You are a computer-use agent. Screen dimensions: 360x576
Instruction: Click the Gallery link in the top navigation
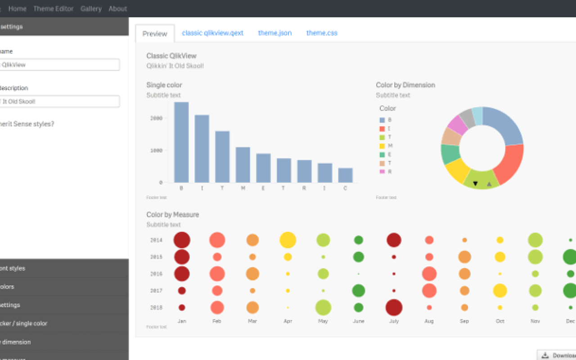pos(91,9)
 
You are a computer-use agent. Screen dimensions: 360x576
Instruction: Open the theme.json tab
pos(274,33)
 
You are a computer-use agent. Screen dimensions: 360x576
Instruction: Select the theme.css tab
pos(322,33)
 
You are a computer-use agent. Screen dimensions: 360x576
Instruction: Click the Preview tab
pos(155,34)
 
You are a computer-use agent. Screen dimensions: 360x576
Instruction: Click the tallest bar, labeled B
pos(181,142)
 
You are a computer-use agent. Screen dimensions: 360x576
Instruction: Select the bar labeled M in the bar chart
pos(243,165)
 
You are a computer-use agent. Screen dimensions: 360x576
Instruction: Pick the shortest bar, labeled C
pos(345,175)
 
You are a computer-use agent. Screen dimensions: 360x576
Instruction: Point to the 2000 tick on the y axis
pos(157,118)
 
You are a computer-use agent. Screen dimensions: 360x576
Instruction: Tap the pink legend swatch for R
pos(382,171)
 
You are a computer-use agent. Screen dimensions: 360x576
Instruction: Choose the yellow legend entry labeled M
pos(386,146)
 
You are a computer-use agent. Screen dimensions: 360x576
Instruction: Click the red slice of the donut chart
pos(510,164)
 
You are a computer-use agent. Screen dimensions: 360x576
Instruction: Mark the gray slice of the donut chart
pos(467,118)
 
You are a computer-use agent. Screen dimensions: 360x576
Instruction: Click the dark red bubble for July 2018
pos(394,308)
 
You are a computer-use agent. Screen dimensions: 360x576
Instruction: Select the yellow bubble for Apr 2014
pos(288,240)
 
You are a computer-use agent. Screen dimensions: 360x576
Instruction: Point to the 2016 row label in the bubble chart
pos(156,274)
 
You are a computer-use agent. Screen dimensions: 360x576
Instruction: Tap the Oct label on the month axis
pos(499,321)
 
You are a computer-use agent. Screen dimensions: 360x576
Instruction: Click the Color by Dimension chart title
pos(405,85)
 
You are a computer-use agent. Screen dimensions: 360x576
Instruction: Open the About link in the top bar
pos(117,9)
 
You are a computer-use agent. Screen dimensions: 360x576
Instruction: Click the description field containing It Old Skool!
pos(59,102)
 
